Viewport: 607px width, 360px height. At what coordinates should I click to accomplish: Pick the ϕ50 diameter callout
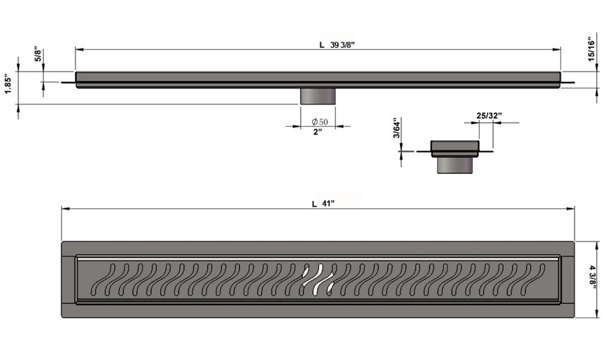[x=319, y=122]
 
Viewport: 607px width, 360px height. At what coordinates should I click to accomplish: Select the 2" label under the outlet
[x=317, y=132]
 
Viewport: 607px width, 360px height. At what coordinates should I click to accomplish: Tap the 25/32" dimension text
[x=489, y=116]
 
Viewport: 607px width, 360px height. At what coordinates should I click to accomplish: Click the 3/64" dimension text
[x=396, y=129]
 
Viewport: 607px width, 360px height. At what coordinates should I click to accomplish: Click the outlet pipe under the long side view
[x=318, y=96]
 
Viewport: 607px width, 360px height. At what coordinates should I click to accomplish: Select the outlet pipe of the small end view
[x=455, y=165]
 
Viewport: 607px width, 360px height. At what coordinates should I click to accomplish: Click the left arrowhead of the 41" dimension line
[x=64, y=209]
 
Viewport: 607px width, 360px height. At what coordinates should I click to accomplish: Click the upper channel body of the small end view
[x=455, y=148]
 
